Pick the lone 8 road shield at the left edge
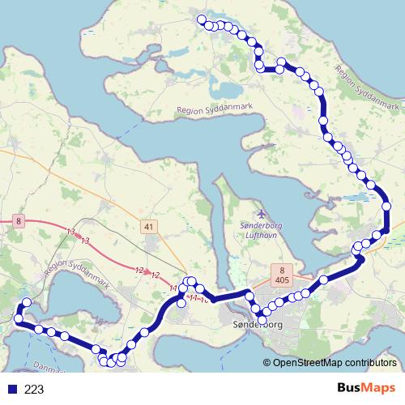[18, 220]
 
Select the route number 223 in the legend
[34, 389]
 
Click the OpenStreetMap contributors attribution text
[335, 364]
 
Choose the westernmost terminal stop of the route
[18, 318]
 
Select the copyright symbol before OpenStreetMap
[267, 364]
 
